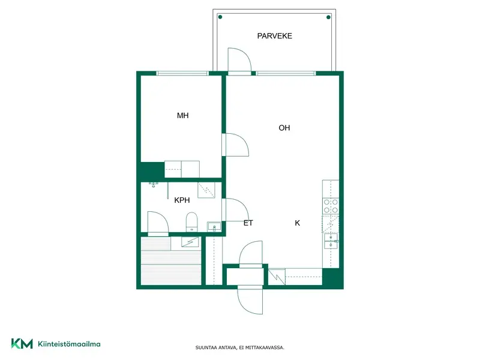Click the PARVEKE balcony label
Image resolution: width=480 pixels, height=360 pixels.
[275, 36]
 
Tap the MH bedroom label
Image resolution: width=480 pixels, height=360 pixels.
[183, 115]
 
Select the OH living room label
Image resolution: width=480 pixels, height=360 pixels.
[284, 128]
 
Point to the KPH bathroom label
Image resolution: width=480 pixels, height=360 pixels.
[182, 200]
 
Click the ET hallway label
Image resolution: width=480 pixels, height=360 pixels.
[248, 223]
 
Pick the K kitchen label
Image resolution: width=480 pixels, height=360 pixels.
[297, 223]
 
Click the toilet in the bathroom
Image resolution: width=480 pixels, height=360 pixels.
[192, 222]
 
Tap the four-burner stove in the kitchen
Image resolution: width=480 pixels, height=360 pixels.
[331, 206]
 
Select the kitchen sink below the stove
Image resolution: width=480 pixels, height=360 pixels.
[331, 241]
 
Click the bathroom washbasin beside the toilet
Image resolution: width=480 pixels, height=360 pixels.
[214, 227]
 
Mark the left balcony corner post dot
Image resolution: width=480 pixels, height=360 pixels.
[220, 17]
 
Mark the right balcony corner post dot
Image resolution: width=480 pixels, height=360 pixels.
[328, 17]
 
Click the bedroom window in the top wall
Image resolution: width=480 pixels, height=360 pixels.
[182, 73]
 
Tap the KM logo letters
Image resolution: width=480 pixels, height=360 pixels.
[22, 343]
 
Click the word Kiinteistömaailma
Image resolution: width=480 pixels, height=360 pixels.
[69, 344]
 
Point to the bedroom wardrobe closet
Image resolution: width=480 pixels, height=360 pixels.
[182, 169]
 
